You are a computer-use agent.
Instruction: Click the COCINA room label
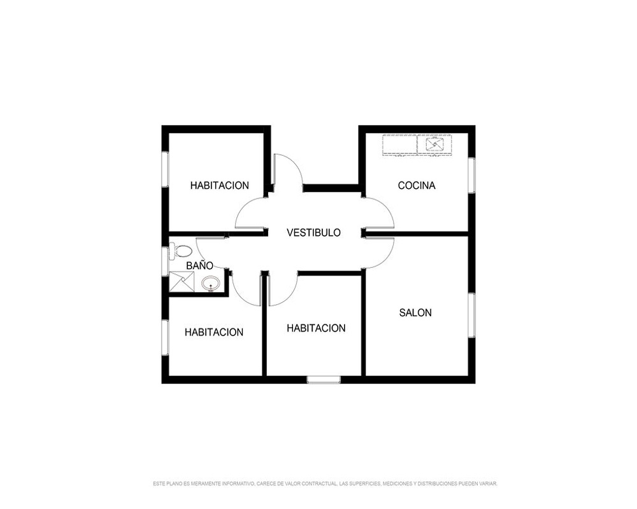coord(417,186)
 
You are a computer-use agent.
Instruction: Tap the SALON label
coord(415,312)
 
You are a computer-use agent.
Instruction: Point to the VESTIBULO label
coord(313,233)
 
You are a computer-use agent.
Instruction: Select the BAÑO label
coord(199,265)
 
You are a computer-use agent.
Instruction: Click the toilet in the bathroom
coord(180,251)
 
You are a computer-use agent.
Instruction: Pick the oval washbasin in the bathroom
coord(210,283)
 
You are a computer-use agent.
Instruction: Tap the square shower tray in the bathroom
coord(181,281)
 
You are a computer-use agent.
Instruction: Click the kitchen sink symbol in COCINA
coord(434,144)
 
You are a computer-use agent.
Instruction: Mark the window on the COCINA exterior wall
coord(471,175)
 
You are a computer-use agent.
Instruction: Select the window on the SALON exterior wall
coord(471,315)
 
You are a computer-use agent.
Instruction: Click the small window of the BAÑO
coord(165,261)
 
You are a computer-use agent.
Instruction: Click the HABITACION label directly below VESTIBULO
coord(316,328)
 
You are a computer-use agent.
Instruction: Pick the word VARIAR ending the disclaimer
coord(489,484)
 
